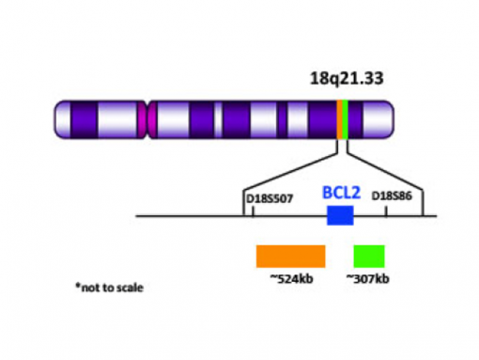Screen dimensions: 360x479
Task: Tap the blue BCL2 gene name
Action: pyautogui.click(x=341, y=193)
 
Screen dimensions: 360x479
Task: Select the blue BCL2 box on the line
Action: pyautogui.click(x=340, y=216)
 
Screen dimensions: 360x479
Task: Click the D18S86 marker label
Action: pyautogui.click(x=397, y=196)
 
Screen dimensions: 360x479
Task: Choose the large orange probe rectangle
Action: pyautogui.click(x=290, y=257)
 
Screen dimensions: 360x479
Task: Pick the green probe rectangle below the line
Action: pyautogui.click(x=369, y=257)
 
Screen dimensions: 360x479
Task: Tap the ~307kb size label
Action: pyautogui.click(x=367, y=279)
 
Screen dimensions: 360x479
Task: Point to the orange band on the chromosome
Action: pyautogui.click(x=341, y=120)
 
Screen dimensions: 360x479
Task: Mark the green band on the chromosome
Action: pyautogui.click(x=348, y=120)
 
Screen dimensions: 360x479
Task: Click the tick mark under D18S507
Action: pyautogui.click(x=253, y=211)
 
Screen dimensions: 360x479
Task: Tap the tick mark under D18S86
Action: pyautogui.click(x=387, y=211)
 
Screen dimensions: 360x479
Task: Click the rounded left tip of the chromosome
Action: pyautogui.click(x=58, y=120)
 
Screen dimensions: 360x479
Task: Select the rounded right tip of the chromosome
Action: pyautogui.click(x=390, y=120)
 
